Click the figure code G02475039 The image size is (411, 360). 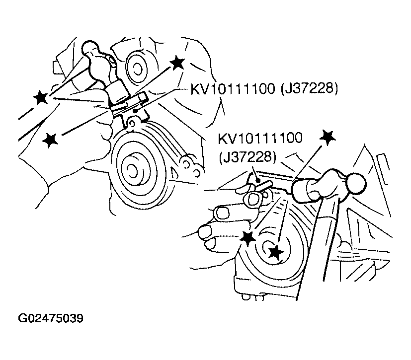click(x=51, y=318)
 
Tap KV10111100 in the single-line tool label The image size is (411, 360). click(x=233, y=89)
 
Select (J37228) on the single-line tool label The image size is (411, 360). click(x=309, y=89)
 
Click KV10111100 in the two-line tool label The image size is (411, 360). click(x=260, y=138)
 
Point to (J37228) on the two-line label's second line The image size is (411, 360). click(x=247, y=158)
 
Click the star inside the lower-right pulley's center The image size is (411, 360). click(x=276, y=253)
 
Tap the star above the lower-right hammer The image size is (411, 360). click(x=328, y=137)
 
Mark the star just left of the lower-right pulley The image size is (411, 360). click(x=247, y=238)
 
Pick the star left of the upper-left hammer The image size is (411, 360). click(x=41, y=97)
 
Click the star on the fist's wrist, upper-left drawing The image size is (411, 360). click(x=50, y=140)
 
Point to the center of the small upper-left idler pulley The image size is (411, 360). click(x=136, y=69)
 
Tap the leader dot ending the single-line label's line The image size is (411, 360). click(x=135, y=111)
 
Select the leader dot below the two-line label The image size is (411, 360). click(x=259, y=180)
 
